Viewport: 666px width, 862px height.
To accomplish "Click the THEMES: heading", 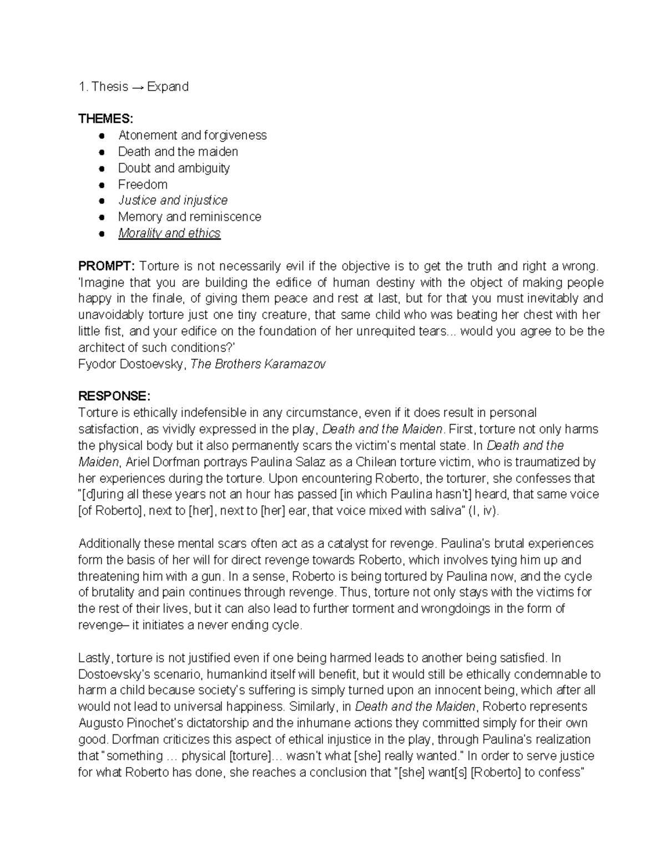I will tap(105, 119).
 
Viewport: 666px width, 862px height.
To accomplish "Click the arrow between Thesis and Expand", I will tap(138, 87).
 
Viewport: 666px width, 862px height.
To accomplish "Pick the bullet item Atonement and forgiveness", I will tap(192, 135).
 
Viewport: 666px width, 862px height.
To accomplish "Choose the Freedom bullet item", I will tap(143, 184).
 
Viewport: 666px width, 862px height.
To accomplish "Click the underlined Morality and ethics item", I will tap(169, 233).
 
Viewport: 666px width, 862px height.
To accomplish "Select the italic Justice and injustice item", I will tap(173, 200).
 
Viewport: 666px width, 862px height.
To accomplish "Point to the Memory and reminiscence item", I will tap(189, 217).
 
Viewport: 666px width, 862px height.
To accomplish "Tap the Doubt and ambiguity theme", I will tap(174, 168).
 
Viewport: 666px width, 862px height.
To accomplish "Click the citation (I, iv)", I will tap(483, 511).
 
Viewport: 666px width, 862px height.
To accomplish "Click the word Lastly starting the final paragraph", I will tap(95, 658).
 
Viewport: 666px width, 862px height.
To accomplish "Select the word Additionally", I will tap(111, 543).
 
